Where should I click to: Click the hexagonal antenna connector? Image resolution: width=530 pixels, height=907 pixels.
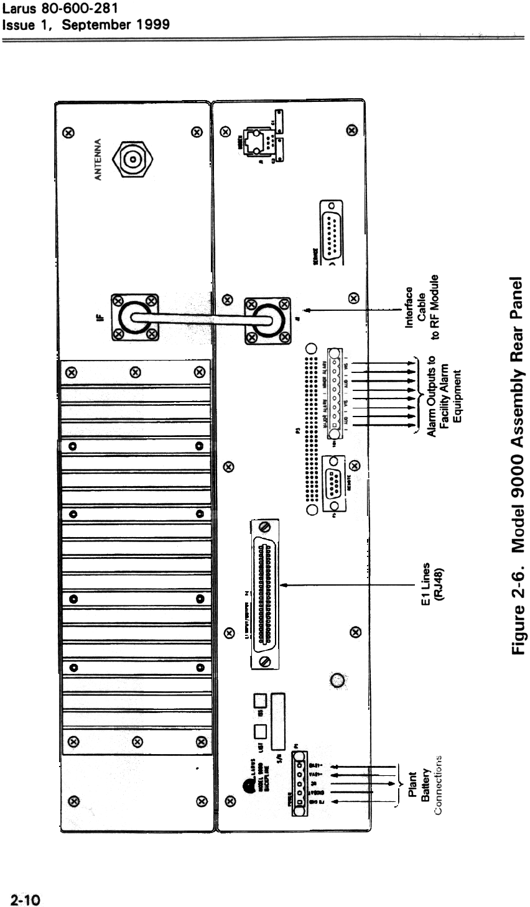(131, 160)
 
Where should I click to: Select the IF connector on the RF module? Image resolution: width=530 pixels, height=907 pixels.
(132, 317)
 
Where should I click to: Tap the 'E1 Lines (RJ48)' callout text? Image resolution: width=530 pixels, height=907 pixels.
(429, 585)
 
